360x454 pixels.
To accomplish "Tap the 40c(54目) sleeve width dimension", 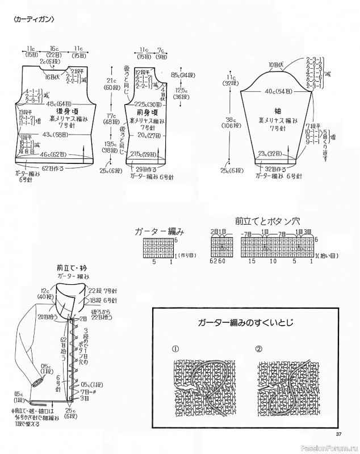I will pyautogui.click(x=271, y=91).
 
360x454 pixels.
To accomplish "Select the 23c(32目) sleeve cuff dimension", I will pyautogui.click(x=271, y=153).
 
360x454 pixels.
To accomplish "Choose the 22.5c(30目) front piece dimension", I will pyautogui.click(x=146, y=104).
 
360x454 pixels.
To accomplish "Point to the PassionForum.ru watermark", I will pyautogui.click(x=332, y=447).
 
